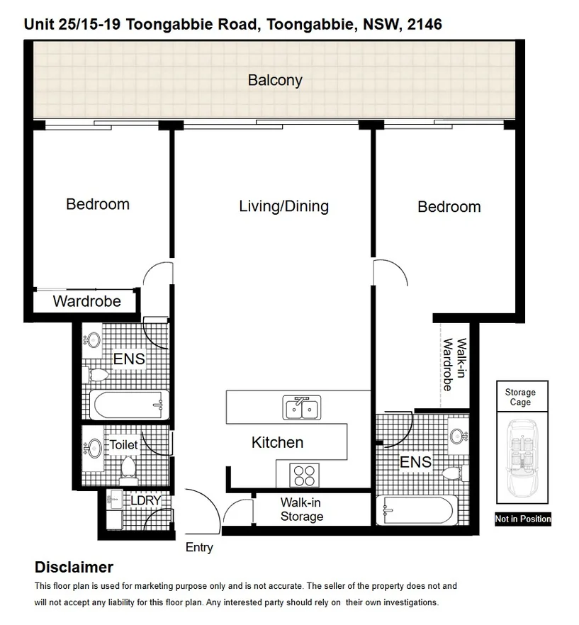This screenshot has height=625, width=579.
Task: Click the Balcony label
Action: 275,80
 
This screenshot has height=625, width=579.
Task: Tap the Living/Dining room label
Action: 283,206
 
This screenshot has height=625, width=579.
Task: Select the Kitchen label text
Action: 277,442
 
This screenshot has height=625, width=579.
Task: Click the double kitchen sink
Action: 301,407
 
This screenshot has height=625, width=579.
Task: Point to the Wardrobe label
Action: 86,301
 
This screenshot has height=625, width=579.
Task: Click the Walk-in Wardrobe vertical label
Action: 454,365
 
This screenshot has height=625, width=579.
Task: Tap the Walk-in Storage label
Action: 301,509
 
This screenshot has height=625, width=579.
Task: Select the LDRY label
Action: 146,500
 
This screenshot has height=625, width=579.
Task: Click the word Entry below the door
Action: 199,547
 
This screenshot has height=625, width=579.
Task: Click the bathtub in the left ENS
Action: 129,406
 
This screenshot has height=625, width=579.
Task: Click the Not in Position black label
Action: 522,519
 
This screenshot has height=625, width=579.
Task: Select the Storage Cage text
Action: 520,397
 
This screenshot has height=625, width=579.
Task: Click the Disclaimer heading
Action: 74,568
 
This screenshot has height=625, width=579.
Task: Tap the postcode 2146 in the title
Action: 422,25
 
